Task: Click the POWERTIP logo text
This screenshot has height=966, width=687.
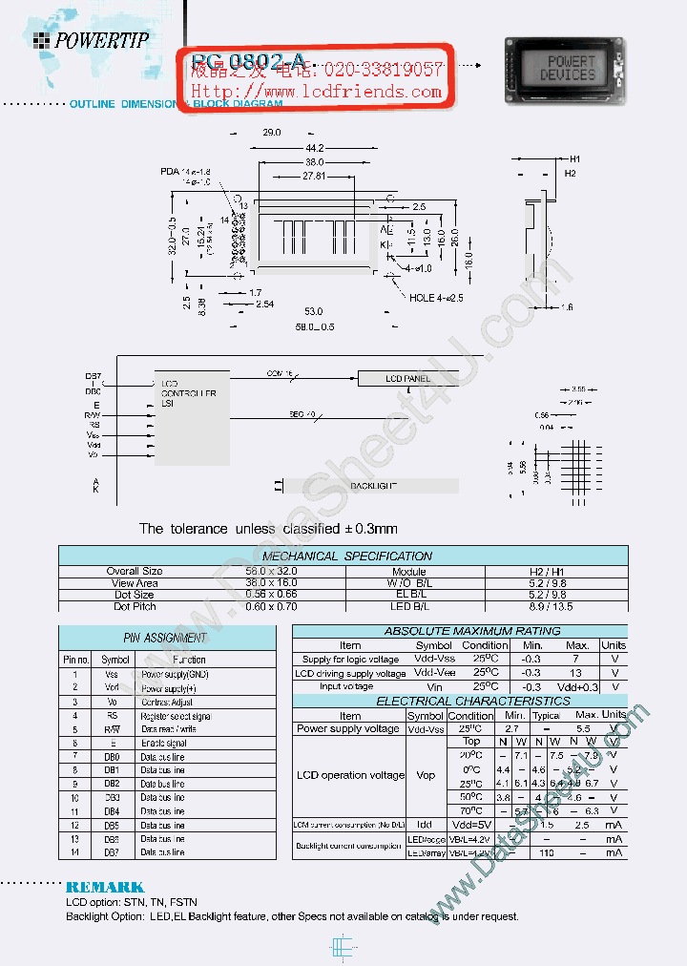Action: [102, 40]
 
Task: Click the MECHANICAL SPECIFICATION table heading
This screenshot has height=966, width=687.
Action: [346, 556]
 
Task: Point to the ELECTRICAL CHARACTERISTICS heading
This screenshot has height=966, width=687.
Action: [459, 701]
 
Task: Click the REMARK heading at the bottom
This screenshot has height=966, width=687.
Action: [105, 887]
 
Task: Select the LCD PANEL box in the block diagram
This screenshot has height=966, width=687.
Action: [408, 379]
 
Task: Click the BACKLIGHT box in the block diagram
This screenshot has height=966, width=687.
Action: [373, 486]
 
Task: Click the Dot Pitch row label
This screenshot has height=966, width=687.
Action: [135, 606]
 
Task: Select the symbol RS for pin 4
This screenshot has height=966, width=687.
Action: [113, 715]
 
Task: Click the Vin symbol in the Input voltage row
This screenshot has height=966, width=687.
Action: [435, 686]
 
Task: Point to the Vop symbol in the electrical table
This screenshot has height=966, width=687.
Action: [426, 775]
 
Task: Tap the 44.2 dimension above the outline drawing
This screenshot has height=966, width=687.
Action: [315, 147]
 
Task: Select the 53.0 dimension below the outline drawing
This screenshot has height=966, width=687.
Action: [314, 311]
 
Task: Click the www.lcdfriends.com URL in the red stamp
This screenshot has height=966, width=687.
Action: [318, 92]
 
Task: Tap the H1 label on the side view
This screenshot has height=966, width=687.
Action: [575, 158]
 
